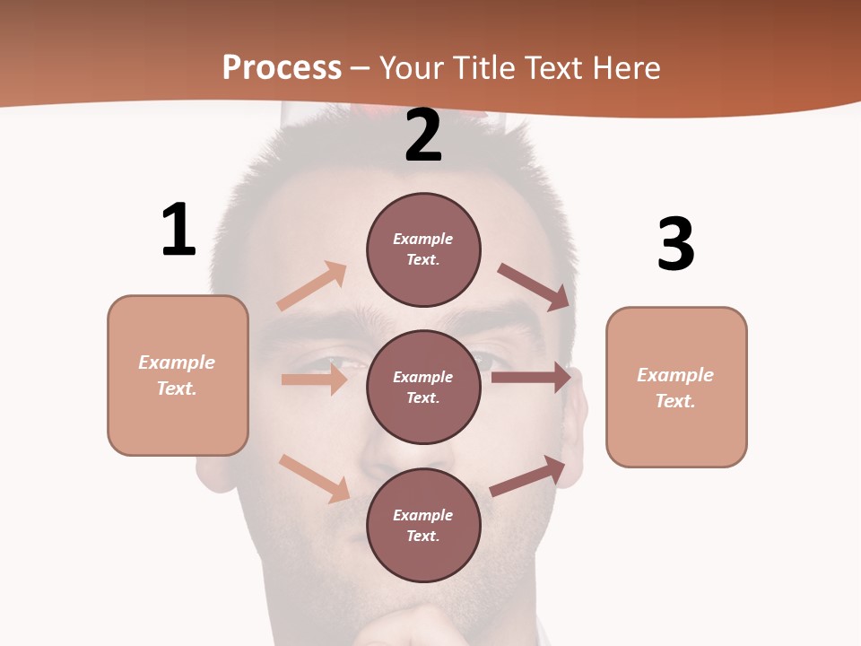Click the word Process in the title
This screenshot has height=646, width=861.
point(282,67)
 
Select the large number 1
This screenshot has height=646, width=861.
point(178,231)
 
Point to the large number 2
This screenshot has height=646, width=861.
point(423,135)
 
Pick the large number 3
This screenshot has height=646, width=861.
point(675,245)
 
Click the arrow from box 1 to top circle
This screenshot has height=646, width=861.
point(311,286)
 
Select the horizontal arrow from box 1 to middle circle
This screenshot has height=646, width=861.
point(314,380)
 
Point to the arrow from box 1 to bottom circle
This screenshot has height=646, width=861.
point(314,478)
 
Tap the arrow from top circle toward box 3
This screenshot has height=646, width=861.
point(535,287)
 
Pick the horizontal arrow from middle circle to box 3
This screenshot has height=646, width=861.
point(531,378)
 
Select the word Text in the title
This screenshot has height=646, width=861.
point(558,67)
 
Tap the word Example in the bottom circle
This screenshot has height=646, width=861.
point(422,515)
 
